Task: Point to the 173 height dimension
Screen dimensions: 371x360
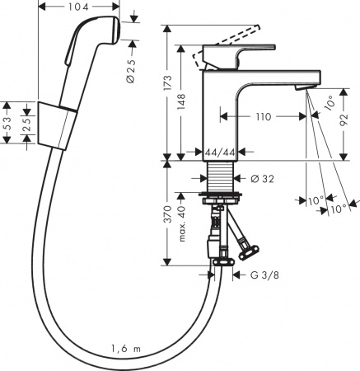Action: click(169, 82)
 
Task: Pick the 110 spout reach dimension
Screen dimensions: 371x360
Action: click(264, 117)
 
